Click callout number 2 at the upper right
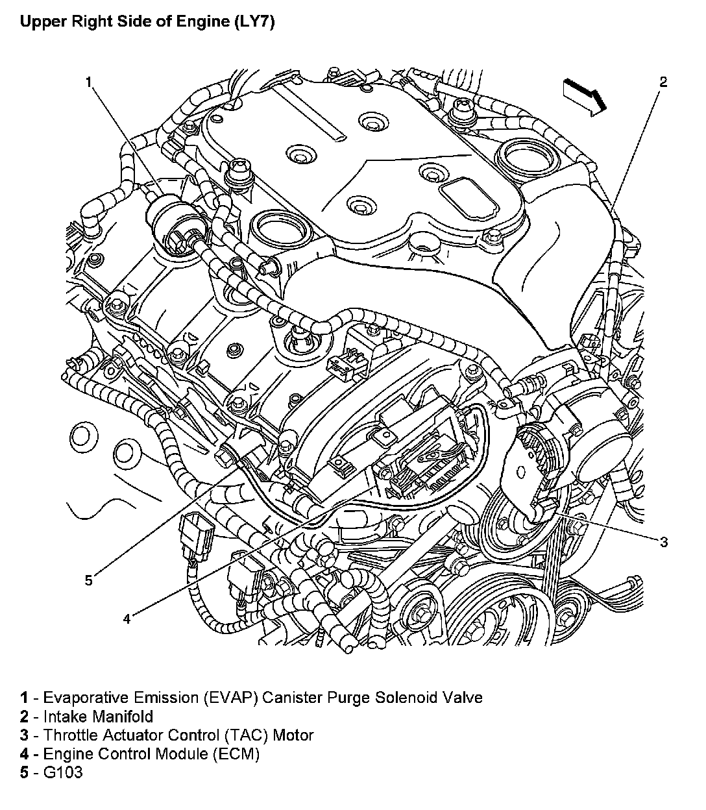pyautogui.click(x=663, y=82)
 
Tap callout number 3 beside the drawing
pyautogui.click(x=663, y=542)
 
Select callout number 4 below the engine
pyautogui.click(x=127, y=619)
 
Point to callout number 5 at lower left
pyautogui.click(x=89, y=580)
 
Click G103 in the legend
pyautogui.click(x=63, y=772)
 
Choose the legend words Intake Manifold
pyautogui.click(x=98, y=717)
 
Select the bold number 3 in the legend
pyautogui.click(x=24, y=735)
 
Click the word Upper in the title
pyautogui.click(x=40, y=23)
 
